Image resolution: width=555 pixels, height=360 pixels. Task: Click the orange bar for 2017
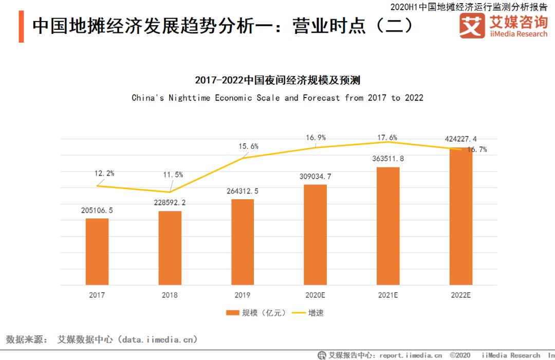coord(97,252)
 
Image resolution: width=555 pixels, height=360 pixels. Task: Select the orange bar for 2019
coord(243,242)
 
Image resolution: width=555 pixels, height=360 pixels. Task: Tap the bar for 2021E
coord(388,226)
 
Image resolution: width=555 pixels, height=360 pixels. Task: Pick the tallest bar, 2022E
coord(461,216)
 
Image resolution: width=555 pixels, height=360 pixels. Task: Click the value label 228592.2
coord(170,202)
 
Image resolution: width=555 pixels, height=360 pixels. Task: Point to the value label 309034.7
coord(315,176)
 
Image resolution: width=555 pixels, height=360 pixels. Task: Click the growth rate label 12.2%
coord(104,173)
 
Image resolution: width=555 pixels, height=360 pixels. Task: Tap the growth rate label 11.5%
coord(173,175)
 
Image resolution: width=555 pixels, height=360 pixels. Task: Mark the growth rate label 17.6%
coord(387,137)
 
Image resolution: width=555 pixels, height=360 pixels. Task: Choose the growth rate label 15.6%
coord(248,146)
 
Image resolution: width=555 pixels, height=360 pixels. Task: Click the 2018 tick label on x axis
coord(170,295)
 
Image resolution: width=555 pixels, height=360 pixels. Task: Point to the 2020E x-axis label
coord(315,295)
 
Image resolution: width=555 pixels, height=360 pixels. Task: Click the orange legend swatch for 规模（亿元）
coord(232,313)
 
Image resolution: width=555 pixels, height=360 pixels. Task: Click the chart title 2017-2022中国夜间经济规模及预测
coord(277,80)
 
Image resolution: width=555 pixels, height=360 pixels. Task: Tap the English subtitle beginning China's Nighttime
coord(277,98)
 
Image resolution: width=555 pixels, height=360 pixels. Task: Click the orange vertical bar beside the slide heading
coord(21,26)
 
